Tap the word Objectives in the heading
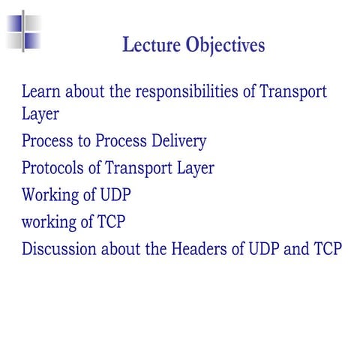(224, 46)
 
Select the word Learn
(40, 92)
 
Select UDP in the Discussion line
(267, 248)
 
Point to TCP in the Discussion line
(328, 248)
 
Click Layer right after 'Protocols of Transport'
(195, 168)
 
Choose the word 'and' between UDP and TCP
(298, 248)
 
